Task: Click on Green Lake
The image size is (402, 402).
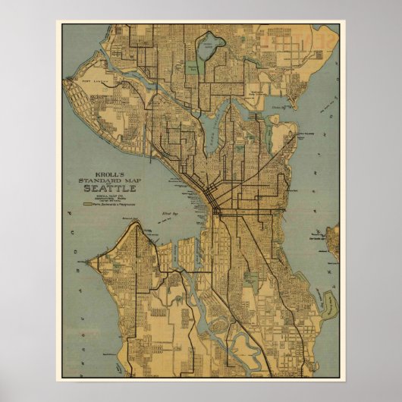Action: tap(207, 50)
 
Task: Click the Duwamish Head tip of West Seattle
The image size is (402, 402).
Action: tap(137, 228)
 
